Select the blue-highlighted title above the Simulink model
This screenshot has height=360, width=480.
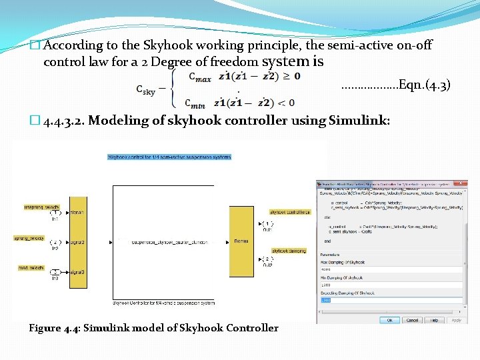click(169, 157)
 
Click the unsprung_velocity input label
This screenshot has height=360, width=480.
click(42, 208)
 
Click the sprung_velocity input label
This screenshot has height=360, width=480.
click(42, 238)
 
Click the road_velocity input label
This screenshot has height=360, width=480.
click(42, 267)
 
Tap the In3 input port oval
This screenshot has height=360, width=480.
click(56, 273)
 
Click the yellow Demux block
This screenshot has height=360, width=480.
click(241, 241)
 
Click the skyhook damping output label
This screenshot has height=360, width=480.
click(288, 251)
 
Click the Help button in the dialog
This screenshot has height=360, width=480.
click(434, 320)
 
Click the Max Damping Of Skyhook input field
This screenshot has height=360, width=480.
click(390, 269)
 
